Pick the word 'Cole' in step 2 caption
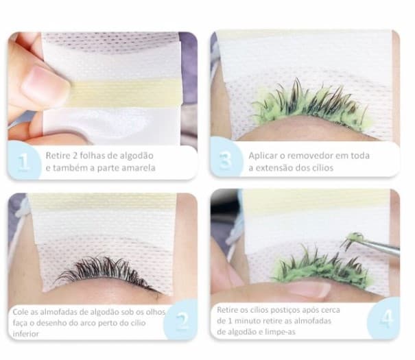click(21, 311)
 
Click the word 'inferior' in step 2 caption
click(27, 333)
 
